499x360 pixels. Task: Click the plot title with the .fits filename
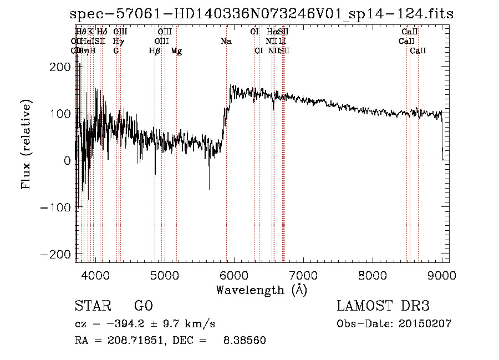coord(262,14)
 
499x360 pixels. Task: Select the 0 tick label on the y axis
coord(67,160)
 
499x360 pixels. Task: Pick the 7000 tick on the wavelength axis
coord(303,275)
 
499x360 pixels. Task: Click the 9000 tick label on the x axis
coord(442,275)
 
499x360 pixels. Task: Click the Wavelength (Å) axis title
coord(261,290)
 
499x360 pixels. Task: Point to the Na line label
coord(226,42)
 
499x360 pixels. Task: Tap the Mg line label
coord(176,51)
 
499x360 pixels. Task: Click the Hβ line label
coord(155,51)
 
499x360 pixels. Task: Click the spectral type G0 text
coord(143,307)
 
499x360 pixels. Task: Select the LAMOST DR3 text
coord(383,307)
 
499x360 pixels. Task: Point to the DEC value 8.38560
coord(244,341)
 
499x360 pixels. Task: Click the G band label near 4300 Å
coord(116,51)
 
